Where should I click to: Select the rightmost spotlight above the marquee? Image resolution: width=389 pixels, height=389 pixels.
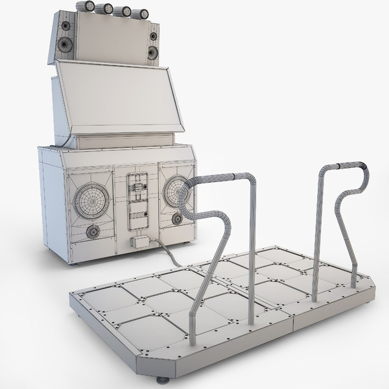point(143,12)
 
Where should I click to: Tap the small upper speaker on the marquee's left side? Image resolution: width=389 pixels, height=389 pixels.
point(66,26)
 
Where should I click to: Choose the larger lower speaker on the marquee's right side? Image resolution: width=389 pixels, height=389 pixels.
point(152,53)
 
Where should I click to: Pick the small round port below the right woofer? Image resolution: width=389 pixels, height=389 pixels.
point(177,219)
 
